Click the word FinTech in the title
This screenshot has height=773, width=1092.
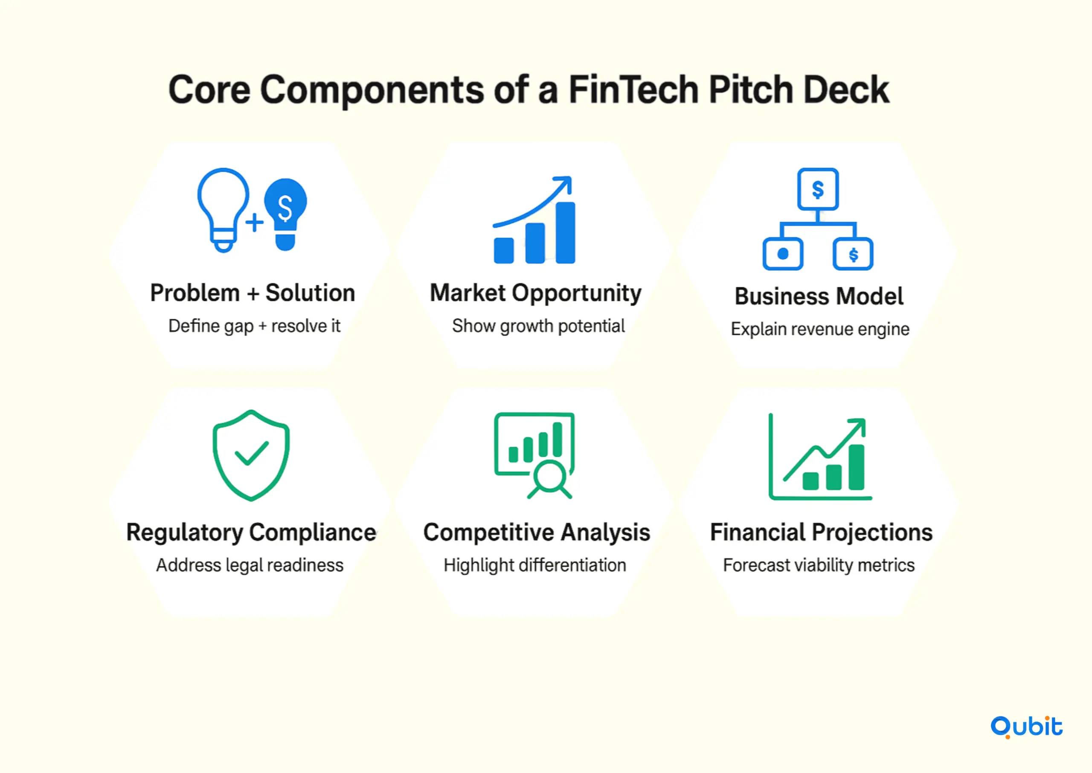(633, 90)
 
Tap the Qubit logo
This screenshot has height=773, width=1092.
(1026, 727)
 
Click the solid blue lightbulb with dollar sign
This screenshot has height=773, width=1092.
(286, 214)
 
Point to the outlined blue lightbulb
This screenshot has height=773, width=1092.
(223, 209)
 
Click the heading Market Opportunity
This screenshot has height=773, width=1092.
(536, 293)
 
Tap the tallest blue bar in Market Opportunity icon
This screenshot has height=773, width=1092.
(565, 232)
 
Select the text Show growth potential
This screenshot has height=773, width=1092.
(538, 326)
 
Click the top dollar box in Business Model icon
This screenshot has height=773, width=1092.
(818, 189)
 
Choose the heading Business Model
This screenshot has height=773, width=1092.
(819, 296)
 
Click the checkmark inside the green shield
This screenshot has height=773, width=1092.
(251, 453)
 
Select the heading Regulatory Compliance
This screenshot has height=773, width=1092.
(251, 532)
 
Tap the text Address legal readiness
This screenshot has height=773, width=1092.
(250, 565)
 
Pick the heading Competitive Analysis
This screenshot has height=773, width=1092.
(537, 532)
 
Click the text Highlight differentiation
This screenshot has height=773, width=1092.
(535, 565)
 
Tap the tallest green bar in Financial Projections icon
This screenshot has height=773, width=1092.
(856, 467)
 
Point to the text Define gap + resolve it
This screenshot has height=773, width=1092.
(254, 326)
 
